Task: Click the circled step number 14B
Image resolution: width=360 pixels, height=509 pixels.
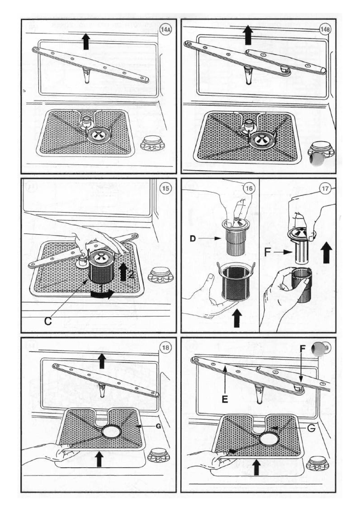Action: (x=325, y=30)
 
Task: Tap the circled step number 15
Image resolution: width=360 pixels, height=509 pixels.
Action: (x=166, y=189)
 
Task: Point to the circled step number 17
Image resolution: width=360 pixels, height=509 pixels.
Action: (x=325, y=189)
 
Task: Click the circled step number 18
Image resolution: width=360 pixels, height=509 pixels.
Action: (x=166, y=348)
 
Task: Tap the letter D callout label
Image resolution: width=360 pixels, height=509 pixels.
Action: (x=193, y=239)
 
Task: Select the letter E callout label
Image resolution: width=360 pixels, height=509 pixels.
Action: (x=225, y=399)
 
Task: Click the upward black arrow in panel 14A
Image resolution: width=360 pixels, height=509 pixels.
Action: (x=86, y=42)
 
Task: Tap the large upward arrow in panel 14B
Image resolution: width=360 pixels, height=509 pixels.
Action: (x=248, y=35)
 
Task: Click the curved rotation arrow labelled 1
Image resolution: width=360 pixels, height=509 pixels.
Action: (x=102, y=294)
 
